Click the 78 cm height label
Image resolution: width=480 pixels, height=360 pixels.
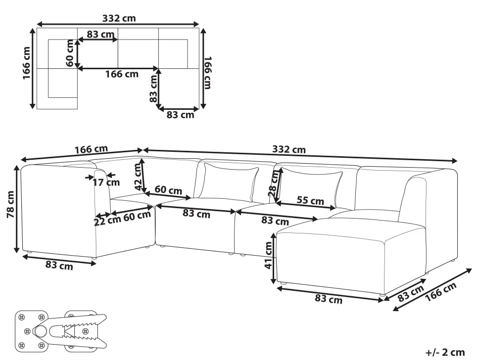pyautogui.click(x=11, y=208)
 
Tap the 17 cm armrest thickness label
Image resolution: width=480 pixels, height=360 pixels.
pyautogui.click(x=106, y=182)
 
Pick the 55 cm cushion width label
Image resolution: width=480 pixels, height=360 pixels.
pyautogui.click(x=310, y=201)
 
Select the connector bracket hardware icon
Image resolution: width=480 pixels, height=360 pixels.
pyautogui.click(x=60, y=330)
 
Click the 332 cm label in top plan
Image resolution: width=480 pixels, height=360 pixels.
pyautogui.click(x=119, y=19)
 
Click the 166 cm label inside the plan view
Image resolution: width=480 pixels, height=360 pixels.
pyautogui.click(x=121, y=74)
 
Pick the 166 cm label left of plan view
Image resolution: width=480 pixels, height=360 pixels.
pyautogui.click(x=27, y=63)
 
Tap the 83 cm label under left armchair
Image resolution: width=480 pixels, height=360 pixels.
pyautogui.click(x=59, y=266)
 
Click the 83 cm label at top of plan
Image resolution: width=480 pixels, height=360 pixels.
pyautogui.click(x=99, y=34)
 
